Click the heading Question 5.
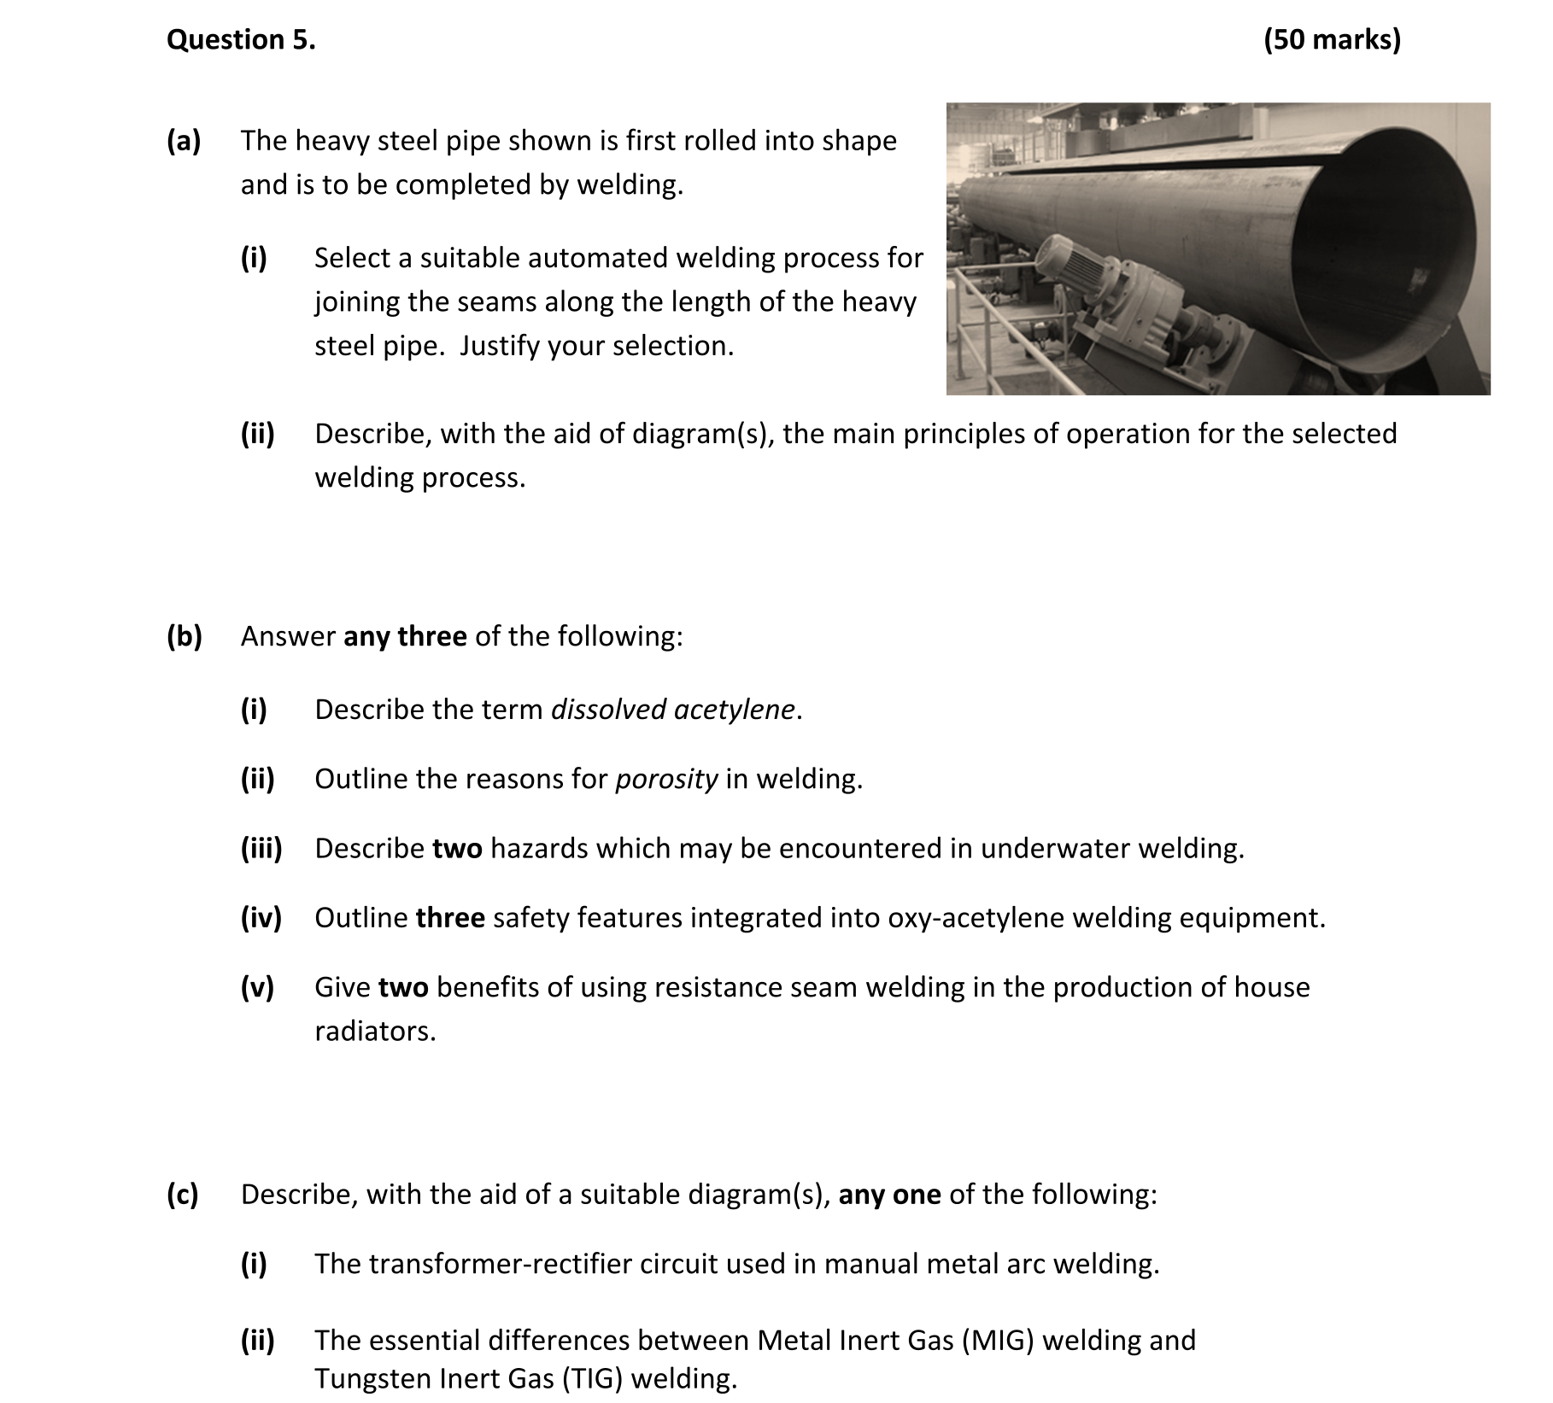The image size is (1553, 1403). [241, 40]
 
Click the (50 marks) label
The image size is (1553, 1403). [1332, 40]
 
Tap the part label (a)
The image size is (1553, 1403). [183, 141]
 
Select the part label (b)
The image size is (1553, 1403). [184, 636]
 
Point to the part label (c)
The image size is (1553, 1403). [182, 1194]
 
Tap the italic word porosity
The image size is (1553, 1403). [666, 779]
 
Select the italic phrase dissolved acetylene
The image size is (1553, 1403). [673, 710]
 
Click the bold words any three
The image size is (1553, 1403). [405, 636]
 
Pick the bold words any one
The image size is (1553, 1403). [889, 1194]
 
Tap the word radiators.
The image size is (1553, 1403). [374, 1032]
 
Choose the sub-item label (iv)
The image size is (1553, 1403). [261, 918]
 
